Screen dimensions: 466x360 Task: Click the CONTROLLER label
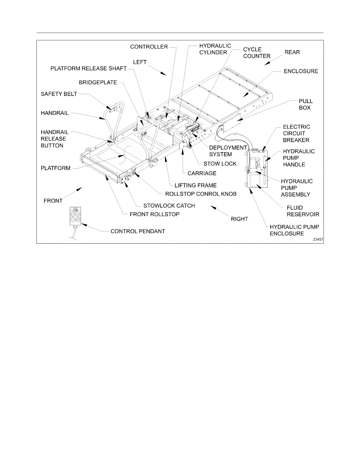[149, 47]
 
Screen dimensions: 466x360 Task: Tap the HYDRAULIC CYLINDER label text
[215, 49]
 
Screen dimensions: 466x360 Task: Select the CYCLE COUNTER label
[256, 53]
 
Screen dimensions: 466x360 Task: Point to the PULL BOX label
[306, 104]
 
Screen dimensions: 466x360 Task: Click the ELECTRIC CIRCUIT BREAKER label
[296, 133]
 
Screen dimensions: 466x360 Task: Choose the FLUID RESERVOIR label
[303, 211]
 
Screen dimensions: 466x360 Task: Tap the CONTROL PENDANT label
[138, 231]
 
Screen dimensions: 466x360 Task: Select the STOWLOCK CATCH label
[169, 206]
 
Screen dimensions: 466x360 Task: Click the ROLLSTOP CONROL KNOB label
[201, 194]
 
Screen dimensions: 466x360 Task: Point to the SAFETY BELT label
[59, 94]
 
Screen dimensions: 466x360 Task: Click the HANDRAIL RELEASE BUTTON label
[54, 139]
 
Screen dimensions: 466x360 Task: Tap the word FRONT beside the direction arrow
[53, 201]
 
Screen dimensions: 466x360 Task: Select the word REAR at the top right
[292, 52]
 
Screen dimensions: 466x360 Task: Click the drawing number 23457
[318, 239]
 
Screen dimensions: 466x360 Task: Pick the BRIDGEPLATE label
[98, 83]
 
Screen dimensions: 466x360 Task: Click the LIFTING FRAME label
[195, 185]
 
